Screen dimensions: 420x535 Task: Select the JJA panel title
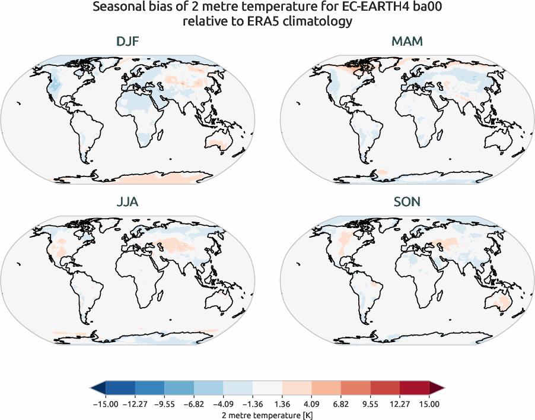pos(128,202)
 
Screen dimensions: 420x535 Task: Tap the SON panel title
pos(407,202)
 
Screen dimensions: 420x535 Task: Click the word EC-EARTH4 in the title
pos(349,9)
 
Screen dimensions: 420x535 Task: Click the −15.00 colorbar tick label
pos(104,404)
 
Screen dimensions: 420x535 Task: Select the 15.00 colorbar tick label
pos(429,404)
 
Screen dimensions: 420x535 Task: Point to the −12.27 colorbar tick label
pos(134,404)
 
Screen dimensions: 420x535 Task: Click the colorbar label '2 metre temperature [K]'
pos(267,413)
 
